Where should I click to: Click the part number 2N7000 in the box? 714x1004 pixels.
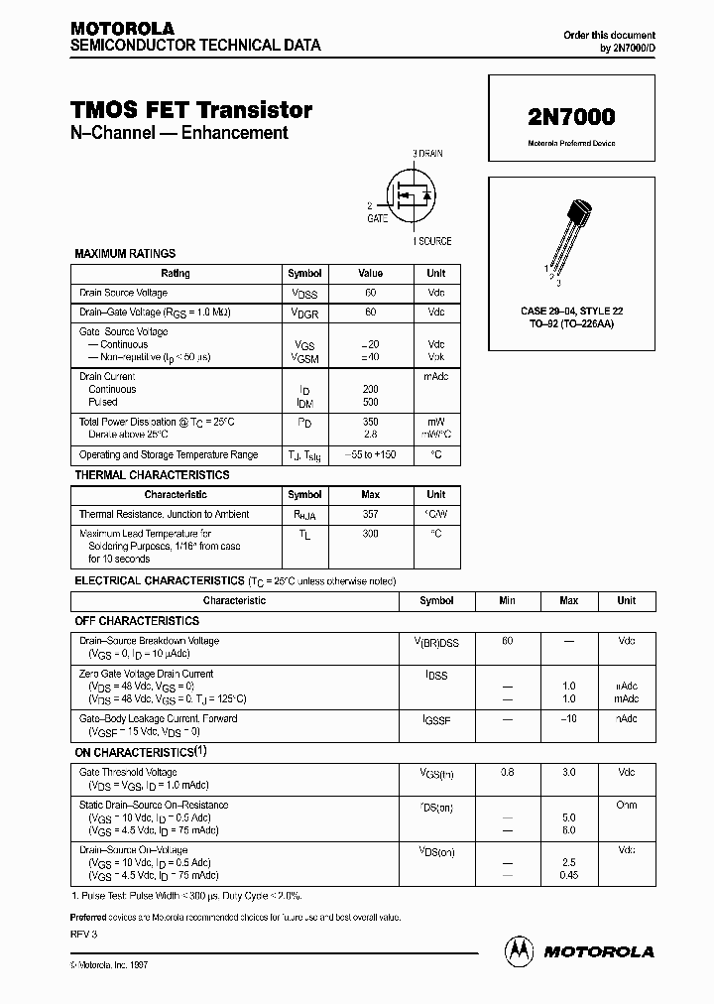570,116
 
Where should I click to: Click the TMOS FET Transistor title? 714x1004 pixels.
191,110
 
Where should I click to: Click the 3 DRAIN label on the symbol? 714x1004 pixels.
428,155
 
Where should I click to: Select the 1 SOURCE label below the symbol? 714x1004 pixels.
431,241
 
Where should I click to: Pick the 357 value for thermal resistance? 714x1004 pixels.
370,515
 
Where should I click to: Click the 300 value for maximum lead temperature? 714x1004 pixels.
370,534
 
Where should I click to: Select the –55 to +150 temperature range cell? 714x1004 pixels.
370,454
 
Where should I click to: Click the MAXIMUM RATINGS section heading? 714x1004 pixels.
125,254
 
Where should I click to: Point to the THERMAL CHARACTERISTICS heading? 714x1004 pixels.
152,475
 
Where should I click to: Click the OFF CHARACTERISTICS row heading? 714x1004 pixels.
138,621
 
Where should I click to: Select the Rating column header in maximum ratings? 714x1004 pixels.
175,274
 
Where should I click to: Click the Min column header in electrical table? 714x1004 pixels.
507,601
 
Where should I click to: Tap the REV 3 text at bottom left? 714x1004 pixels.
84,935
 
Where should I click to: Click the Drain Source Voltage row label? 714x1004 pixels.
124,294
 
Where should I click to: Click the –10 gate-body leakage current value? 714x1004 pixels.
568,718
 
